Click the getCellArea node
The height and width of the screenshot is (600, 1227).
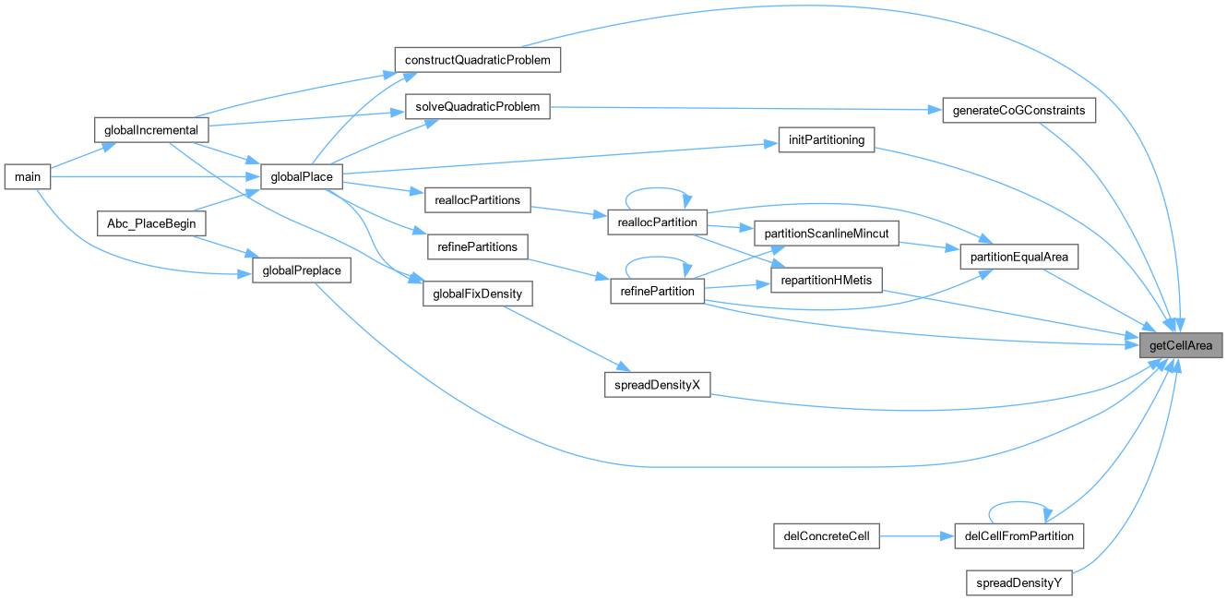coord(1182,346)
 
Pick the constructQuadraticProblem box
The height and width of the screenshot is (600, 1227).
coord(478,60)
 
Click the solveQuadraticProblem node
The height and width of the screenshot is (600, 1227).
coord(478,107)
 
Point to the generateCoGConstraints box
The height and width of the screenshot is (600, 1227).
coord(1019,111)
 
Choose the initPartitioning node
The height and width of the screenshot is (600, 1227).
coord(826,140)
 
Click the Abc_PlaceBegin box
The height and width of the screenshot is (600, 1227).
coord(152,223)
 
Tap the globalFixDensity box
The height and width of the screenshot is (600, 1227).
coord(478,294)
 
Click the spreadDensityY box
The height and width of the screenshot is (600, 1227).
coord(1019,583)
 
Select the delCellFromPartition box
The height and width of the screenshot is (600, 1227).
coord(1019,535)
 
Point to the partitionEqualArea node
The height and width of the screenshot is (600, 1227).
coord(1019,258)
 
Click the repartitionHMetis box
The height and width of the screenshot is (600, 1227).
coord(826,281)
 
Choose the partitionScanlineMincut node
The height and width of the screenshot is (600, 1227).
coord(826,234)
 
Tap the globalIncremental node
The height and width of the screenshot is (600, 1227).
coord(152,129)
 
